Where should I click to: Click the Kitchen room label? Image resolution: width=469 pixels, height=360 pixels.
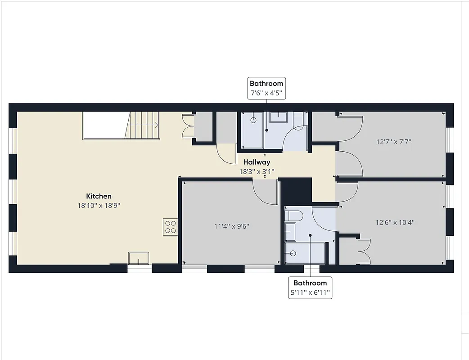pos(99,196)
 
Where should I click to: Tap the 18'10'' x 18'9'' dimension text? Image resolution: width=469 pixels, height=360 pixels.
pos(99,205)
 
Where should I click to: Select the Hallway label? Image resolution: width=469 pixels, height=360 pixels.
pos(257,162)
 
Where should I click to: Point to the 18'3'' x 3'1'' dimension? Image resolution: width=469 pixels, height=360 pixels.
pos(257,171)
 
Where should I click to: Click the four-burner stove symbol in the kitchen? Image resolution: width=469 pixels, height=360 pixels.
pos(171,226)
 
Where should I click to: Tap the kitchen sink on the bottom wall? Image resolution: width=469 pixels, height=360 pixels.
pos(139,258)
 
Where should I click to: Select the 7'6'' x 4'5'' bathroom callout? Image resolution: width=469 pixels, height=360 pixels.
pos(266,88)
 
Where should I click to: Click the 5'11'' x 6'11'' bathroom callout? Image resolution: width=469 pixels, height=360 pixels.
pos(311,288)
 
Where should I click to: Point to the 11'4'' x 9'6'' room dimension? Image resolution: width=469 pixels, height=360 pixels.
pos(232,226)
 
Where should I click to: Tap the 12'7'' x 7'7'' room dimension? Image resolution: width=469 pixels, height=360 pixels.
pos(394,142)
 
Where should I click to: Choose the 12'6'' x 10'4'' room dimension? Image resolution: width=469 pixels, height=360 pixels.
pos(395,222)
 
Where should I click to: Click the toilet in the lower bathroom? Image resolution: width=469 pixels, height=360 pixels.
pos(293,216)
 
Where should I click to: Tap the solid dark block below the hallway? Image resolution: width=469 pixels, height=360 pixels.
pos(296,191)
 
